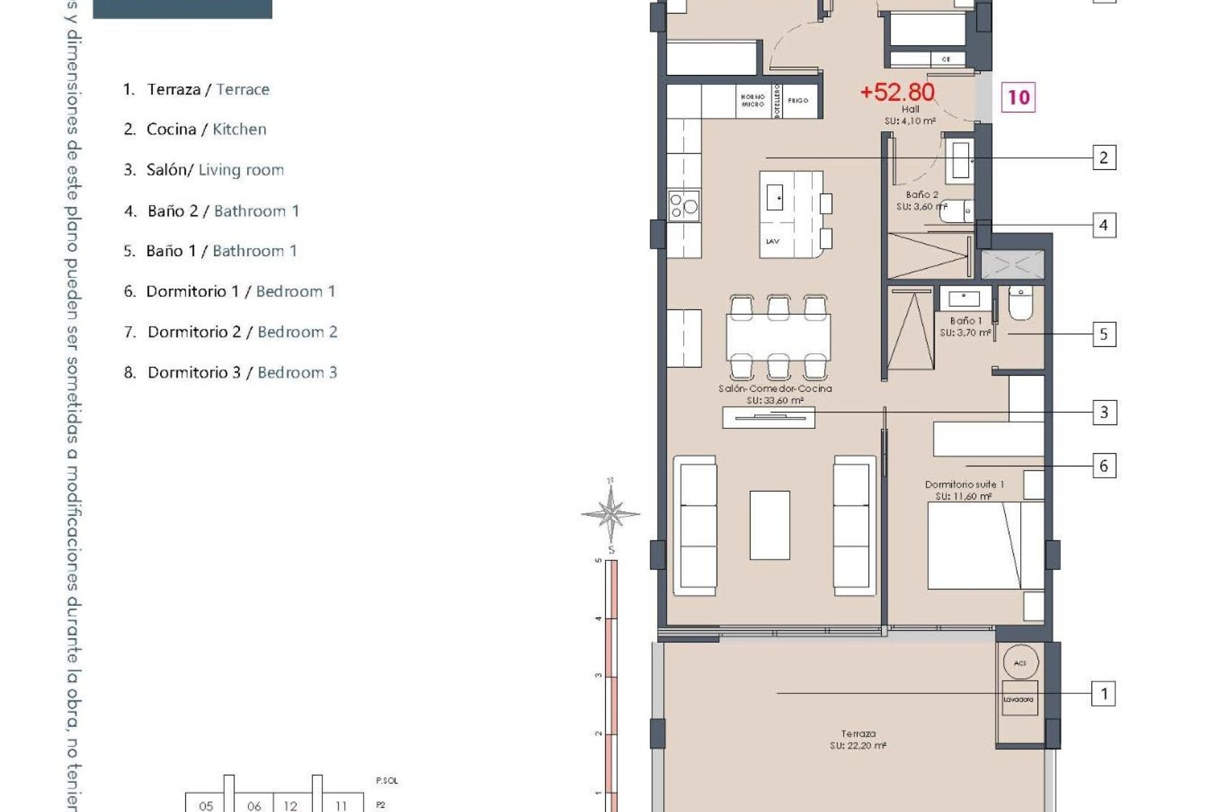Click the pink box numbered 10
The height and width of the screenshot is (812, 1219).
(1018, 97)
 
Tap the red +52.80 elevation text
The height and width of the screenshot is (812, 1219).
(896, 93)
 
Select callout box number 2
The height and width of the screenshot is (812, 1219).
(1103, 157)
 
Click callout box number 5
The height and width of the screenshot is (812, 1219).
(1103, 334)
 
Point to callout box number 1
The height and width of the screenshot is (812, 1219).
(1103, 693)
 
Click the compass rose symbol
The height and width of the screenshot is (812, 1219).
(610, 513)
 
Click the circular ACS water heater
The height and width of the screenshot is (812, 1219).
(1020, 663)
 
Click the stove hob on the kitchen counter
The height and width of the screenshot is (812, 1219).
(684, 206)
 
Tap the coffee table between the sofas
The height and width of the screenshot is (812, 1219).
(769, 525)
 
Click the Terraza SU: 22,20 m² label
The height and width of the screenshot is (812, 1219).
(858, 740)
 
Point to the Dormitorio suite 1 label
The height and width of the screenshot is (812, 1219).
(964, 490)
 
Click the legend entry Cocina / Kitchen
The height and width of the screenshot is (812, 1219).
(195, 129)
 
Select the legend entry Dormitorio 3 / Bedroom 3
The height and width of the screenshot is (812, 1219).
(230, 372)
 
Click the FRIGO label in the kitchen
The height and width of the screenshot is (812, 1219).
(798, 100)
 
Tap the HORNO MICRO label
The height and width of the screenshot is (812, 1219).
(752, 100)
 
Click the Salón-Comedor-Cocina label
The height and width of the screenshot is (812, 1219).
(775, 394)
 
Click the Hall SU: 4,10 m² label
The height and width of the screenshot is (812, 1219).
(910, 115)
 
